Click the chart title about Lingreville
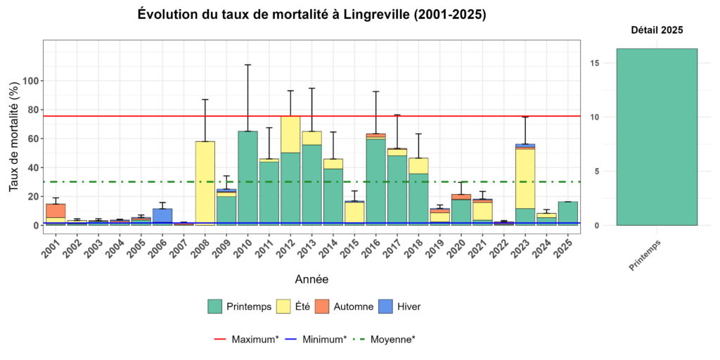click(x=311, y=15)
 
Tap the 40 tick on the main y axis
click(x=31, y=167)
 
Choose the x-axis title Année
click(x=311, y=279)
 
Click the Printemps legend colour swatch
click(x=215, y=307)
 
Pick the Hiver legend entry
click(x=401, y=307)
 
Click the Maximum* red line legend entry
click(x=246, y=339)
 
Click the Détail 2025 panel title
click(x=656, y=30)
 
